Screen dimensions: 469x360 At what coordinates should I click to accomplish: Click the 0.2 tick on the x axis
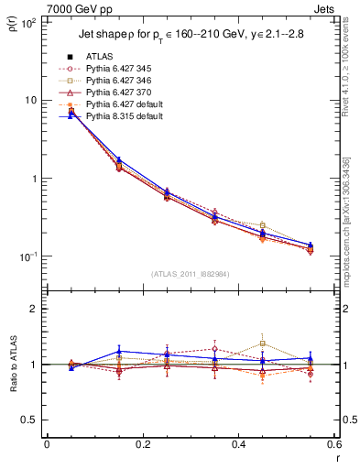[x=143, y=446]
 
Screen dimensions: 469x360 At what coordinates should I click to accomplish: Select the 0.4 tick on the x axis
[x=238, y=446]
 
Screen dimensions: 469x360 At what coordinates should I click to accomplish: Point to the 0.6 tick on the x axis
[x=333, y=446]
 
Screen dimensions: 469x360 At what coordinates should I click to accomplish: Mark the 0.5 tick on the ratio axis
[x=31, y=420]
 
